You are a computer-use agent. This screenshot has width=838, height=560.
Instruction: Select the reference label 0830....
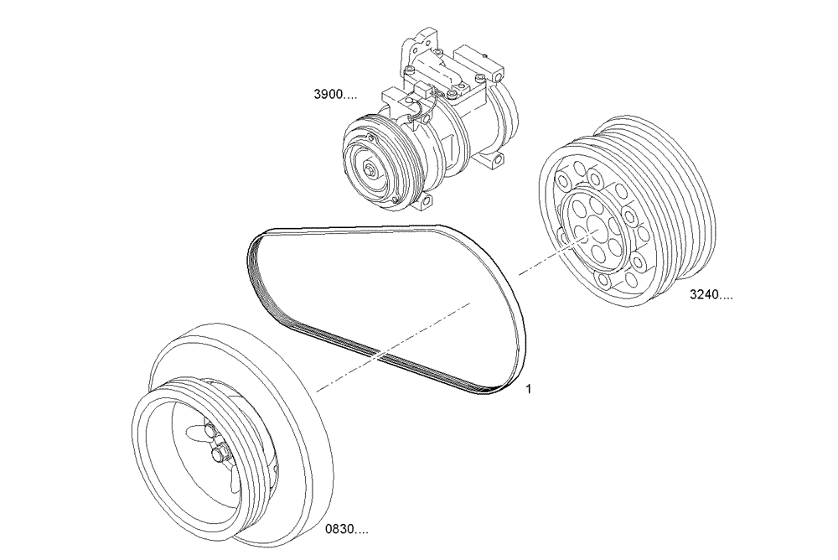tap(345, 530)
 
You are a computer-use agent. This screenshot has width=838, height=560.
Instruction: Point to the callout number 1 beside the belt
tap(529, 389)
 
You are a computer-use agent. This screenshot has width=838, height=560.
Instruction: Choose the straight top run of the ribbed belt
tap(360, 227)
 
